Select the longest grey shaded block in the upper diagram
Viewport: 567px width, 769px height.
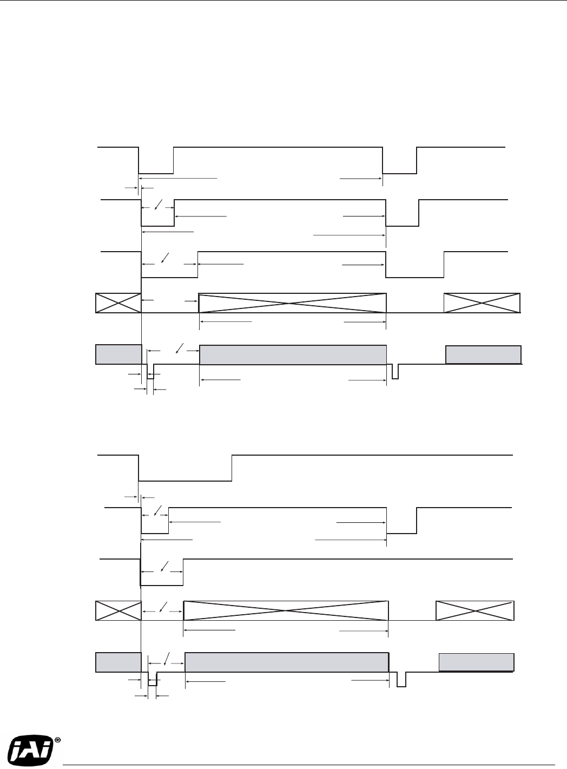(x=293, y=354)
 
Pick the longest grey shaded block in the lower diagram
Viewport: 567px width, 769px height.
(x=287, y=662)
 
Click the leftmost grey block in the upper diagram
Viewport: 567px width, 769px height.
(x=118, y=354)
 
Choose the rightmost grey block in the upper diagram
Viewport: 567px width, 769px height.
(x=483, y=355)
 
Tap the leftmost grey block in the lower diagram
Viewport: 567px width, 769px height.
(x=118, y=662)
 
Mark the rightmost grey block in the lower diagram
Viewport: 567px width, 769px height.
(x=476, y=662)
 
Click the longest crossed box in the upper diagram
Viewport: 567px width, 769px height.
(x=293, y=303)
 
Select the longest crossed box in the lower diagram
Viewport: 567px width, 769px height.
(x=286, y=610)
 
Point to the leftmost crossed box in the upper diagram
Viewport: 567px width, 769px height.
(x=118, y=303)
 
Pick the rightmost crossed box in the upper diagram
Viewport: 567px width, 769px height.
(x=482, y=303)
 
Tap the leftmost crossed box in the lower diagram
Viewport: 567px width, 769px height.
(x=118, y=610)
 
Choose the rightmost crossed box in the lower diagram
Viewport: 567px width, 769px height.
(x=475, y=610)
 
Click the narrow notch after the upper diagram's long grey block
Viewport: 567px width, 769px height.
(x=395, y=372)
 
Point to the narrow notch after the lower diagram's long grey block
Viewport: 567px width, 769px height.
(x=401, y=680)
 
